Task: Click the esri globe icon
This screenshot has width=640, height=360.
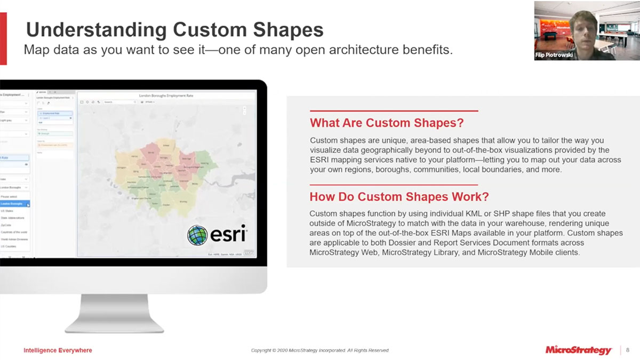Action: (x=197, y=235)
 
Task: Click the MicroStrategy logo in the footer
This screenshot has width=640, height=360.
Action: (x=578, y=350)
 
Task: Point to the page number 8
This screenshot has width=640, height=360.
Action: (x=628, y=350)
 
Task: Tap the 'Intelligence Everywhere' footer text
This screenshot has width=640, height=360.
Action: (x=58, y=350)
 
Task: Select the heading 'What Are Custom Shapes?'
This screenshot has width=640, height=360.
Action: (x=386, y=123)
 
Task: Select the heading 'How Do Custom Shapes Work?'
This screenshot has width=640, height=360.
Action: (x=398, y=197)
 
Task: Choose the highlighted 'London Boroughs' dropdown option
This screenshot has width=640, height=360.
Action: (x=13, y=204)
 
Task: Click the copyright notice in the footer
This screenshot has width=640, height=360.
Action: (x=320, y=350)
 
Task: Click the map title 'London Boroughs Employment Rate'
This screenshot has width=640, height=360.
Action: (x=166, y=95)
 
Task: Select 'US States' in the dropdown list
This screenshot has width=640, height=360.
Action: (x=7, y=211)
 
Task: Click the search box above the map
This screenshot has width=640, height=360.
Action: (x=119, y=101)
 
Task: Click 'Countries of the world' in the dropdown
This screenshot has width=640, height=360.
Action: (x=14, y=233)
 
